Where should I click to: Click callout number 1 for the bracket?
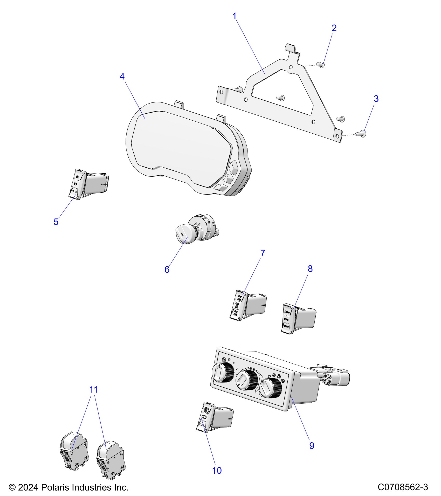(235, 16)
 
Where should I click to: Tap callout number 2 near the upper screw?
(334, 28)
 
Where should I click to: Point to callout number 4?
(122, 76)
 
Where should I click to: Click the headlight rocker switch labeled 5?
(78, 184)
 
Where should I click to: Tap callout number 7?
(263, 253)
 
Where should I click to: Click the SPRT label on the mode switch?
(286, 326)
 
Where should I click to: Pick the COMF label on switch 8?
(287, 312)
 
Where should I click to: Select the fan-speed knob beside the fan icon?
(222, 373)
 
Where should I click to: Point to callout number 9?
(312, 446)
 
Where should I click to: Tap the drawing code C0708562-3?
(403, 487)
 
